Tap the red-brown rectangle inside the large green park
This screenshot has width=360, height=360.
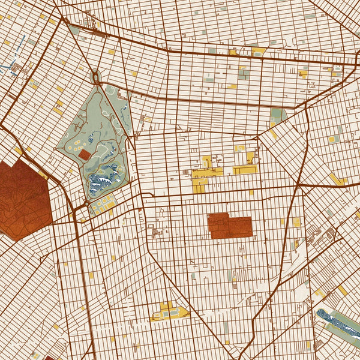85,154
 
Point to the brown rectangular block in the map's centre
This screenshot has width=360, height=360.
229,226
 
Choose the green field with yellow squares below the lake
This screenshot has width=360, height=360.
102,208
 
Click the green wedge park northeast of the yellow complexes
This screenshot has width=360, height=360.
277,116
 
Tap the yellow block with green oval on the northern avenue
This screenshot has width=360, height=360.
258,52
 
